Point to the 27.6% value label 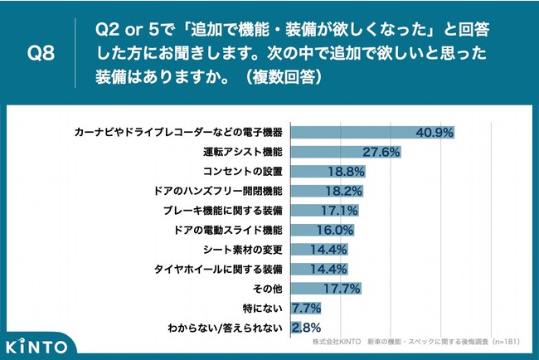point(381,153)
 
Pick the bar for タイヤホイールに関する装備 point(318,269)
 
